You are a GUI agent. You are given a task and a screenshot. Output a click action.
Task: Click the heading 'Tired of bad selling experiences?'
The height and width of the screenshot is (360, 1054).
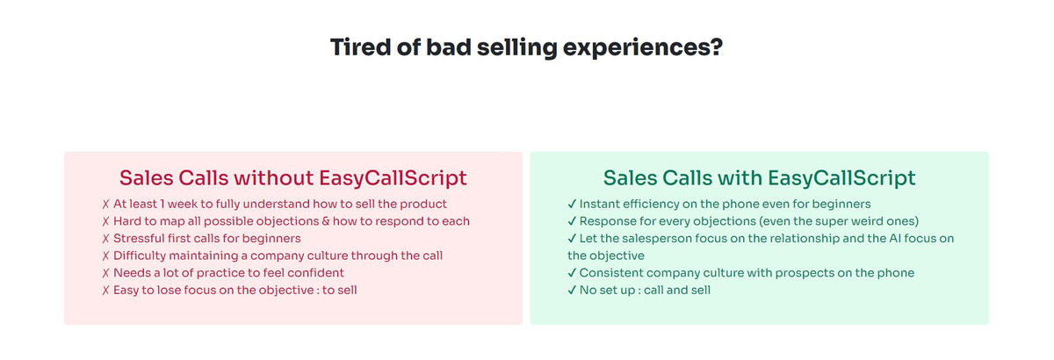(526, 47)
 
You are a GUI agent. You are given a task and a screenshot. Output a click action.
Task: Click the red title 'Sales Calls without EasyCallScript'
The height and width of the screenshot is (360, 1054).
(292, 178)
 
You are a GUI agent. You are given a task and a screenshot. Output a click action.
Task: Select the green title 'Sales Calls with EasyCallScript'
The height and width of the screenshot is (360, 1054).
(759, 178)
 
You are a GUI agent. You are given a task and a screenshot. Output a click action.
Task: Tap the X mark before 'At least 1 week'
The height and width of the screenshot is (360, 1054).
(106, 205)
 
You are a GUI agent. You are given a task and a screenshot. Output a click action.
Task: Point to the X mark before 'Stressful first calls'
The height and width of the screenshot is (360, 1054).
(106, 239)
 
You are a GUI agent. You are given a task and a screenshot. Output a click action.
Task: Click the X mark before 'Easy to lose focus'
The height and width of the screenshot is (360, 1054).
(106, 291)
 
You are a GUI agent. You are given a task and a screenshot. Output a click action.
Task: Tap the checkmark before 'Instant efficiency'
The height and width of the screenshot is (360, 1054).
(572, 204)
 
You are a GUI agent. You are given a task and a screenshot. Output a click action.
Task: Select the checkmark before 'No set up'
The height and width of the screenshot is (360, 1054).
(572, 290)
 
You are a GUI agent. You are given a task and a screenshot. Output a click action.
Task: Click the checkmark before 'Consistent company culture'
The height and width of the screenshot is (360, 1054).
(572, 272)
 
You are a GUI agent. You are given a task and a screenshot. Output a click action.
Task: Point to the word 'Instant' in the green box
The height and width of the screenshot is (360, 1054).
(596, 204)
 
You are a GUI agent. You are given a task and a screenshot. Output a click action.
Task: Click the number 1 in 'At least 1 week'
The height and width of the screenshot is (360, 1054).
(162, 204)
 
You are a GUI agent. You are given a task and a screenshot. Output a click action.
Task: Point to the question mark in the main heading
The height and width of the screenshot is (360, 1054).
(716, 47)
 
